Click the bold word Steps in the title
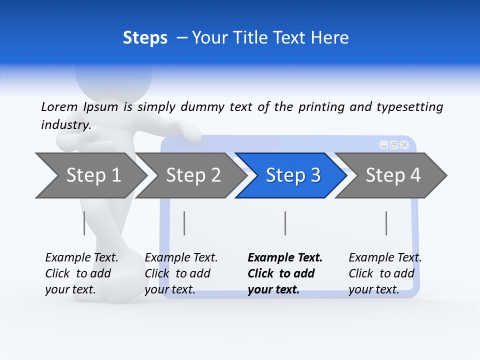click(x=145, y=37)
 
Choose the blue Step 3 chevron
click(x=292, y=175)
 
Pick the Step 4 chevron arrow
click(x=392, y=175)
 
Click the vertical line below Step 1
click(x=84, y=223)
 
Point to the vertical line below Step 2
click(x=184, y=223)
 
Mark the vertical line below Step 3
click(x=285, y=223)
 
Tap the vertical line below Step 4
click(x=386, y=223)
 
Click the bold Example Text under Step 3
click(x=285, y=258)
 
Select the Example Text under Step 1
click(x=81, y=258)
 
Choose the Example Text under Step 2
click(x=181, y=258)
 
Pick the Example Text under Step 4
click(x=385, y=258)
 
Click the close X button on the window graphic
click(x=404, y=145)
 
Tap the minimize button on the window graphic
click(x=383, y=145)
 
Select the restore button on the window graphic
click(x=394, y=145)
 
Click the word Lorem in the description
click(x=59, y=107)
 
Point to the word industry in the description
click(x=66, y=125)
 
